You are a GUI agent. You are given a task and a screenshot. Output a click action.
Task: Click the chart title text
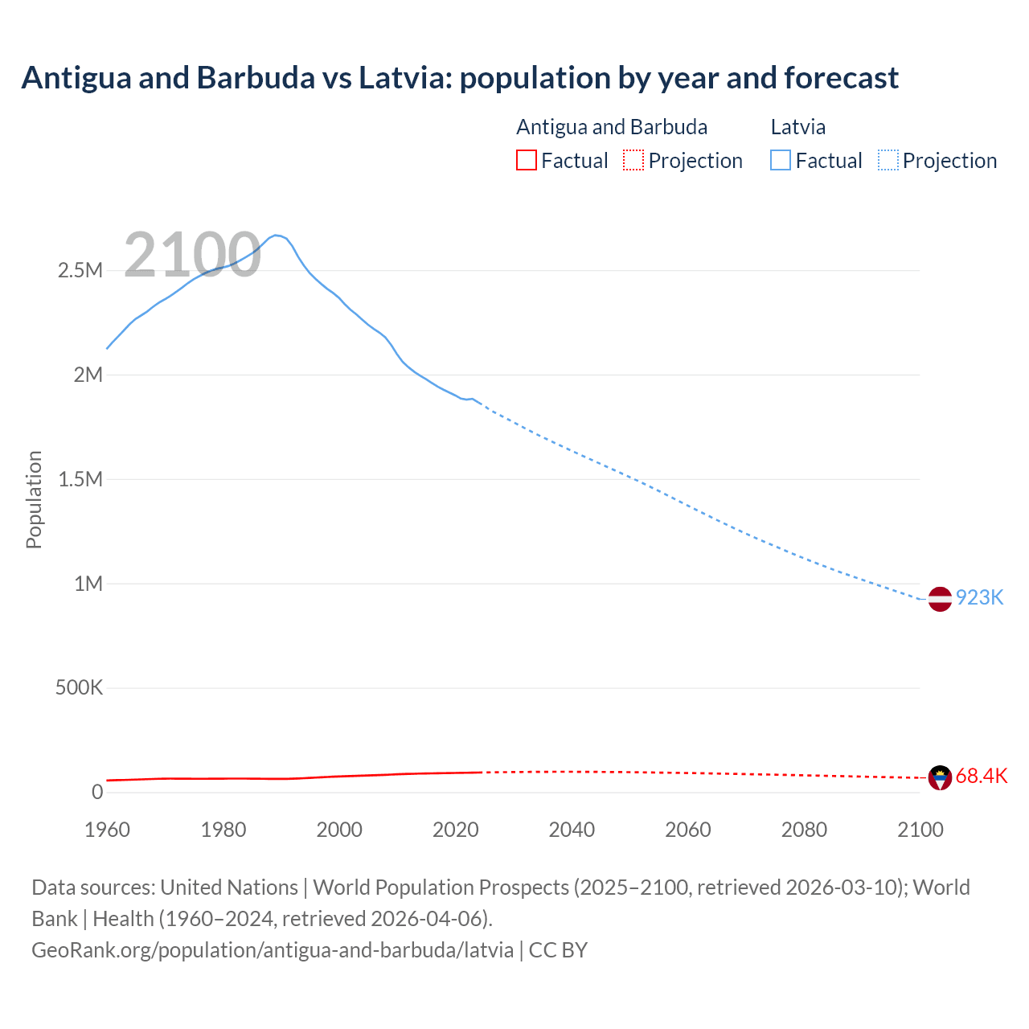tap(460, 78)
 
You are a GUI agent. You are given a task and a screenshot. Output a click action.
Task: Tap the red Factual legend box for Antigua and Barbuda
tap(526, 160)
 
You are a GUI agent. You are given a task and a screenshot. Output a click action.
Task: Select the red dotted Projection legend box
tap(633, 160)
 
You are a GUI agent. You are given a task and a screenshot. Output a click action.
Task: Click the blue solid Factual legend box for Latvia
tap(781, 160)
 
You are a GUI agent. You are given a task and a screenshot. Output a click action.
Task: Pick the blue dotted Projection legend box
tap(888, 160)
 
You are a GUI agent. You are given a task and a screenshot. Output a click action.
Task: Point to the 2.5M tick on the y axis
tap(80, 270)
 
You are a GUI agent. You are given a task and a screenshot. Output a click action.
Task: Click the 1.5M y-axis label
tap(80, 479)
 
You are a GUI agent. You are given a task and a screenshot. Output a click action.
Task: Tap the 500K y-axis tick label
tap(79, 688)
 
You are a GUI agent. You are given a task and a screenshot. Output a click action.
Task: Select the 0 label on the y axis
tap(97, 792)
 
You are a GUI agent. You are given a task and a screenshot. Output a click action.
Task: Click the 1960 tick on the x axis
tap(107, 830)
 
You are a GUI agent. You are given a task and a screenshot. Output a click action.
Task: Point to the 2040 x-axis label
tap(572, 830)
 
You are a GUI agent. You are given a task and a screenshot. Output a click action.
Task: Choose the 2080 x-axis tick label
tap(804, 830)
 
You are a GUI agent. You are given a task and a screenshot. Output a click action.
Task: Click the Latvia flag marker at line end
tap(940, 599)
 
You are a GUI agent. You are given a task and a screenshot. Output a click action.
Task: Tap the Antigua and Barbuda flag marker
tap(940, 777)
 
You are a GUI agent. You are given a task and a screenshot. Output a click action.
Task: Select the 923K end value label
tap(979, 597)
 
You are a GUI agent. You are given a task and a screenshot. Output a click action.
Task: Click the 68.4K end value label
tap(981, 776)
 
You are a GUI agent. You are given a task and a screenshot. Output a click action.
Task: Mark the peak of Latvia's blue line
tap(276, 235)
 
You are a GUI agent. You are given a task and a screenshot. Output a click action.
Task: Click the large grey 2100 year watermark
tap(192, 255)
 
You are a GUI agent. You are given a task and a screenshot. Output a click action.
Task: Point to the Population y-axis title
tap(34, 499)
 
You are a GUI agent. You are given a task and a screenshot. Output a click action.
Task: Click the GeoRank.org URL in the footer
tap(273, 949)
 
